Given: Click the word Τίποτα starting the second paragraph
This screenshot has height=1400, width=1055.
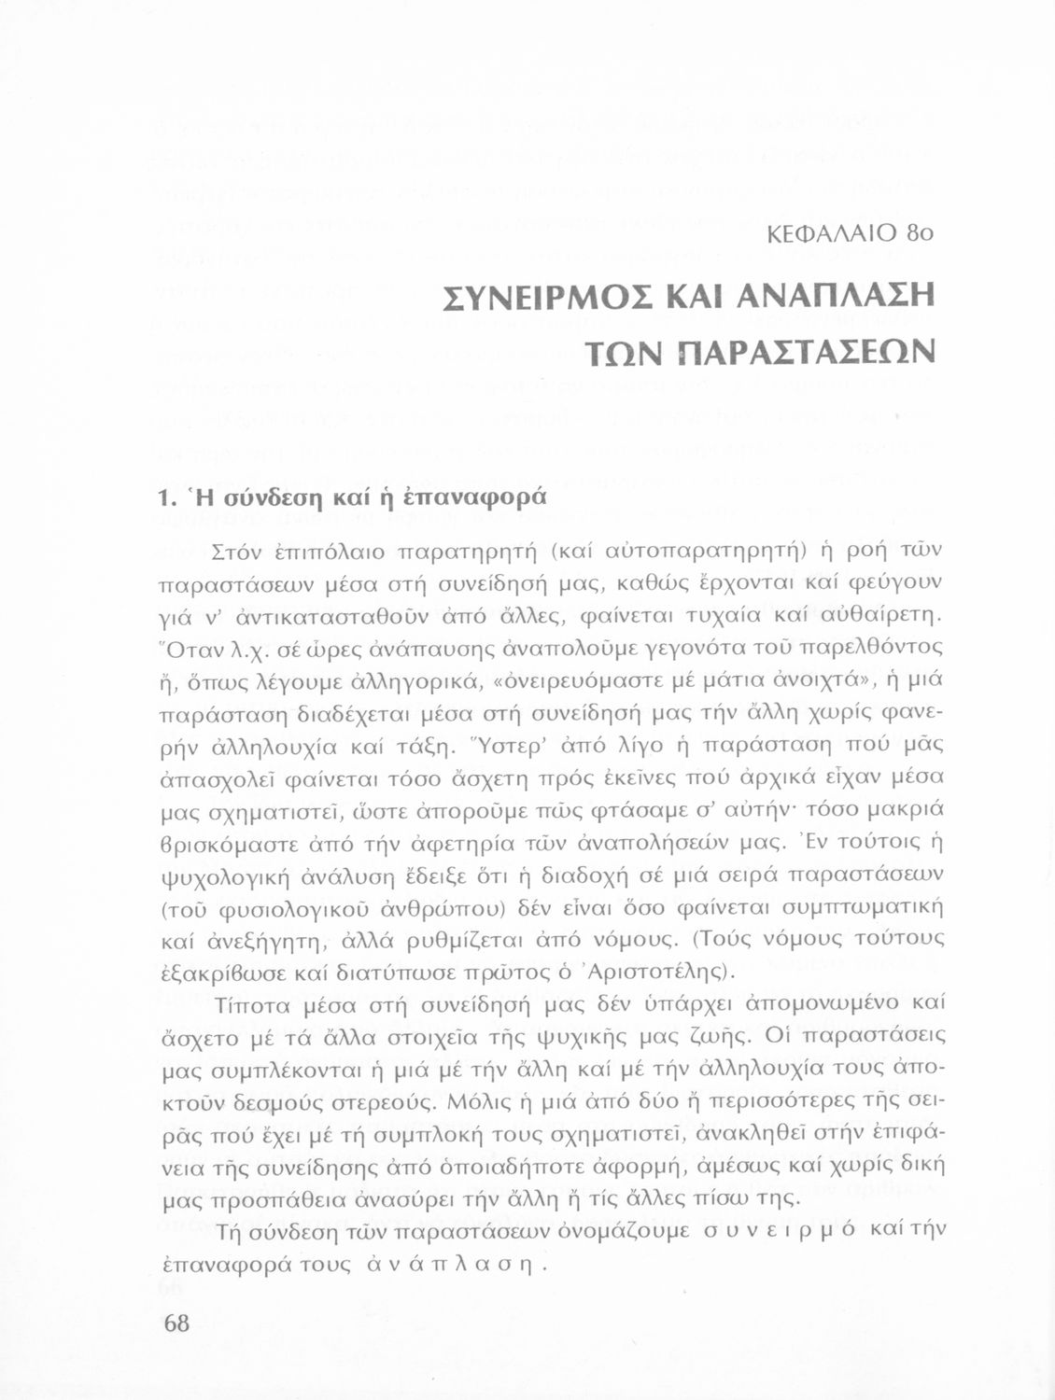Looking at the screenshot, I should pyautogui.click(x=246, y=1004).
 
